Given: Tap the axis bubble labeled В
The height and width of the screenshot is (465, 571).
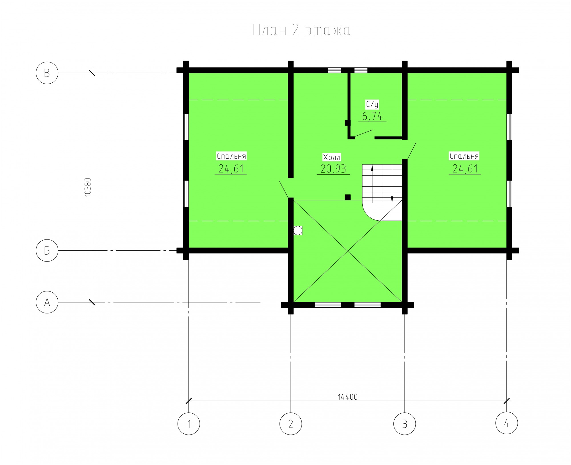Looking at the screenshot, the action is point(47,73).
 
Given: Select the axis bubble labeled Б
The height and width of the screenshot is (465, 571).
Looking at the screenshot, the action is point(47,250).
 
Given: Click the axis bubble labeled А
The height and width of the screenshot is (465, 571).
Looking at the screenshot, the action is point(47,302).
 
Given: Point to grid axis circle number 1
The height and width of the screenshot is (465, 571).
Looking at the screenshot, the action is point(189,424).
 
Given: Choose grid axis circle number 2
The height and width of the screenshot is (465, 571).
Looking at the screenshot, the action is point(291,424).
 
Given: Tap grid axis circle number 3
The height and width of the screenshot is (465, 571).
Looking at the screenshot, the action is point(405,424).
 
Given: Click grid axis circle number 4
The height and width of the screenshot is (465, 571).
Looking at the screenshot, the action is point(507,423).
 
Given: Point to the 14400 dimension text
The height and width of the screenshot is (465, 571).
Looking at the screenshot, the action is point(347,397).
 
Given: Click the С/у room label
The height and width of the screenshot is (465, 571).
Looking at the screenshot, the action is point(372,104).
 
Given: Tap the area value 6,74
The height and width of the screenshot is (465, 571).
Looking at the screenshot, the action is point(372,116).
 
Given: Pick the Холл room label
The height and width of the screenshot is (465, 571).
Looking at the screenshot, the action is point(332,157).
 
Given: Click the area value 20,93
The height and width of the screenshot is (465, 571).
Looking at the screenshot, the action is point(333,169).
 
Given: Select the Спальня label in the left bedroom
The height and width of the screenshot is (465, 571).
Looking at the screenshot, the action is point(231,156).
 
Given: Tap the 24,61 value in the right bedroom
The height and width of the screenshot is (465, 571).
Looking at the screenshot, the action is point(465,169).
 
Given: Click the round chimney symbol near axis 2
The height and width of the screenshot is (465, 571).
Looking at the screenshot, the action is point(298,230).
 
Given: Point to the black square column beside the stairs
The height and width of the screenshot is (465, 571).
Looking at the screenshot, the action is point(348,197).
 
